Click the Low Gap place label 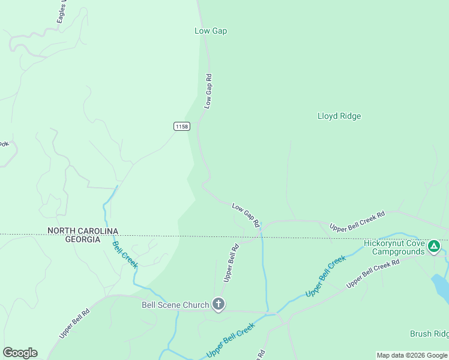[211, 31]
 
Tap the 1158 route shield [182, 126]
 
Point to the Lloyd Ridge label [339, 116]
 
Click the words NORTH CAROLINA [83, 231]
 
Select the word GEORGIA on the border [83, 239]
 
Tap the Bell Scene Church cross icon [218, 305]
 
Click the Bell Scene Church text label [175, 305]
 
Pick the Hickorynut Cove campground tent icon [433, 245]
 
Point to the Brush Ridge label [429, 334]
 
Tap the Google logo [20, 352]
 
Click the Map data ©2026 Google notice [412, 355]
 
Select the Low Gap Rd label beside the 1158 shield [208, 91]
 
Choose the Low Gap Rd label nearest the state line [246, 215]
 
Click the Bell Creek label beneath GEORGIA [125, 254]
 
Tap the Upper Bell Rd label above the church [231, 263]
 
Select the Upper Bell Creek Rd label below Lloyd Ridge [357, 222]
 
